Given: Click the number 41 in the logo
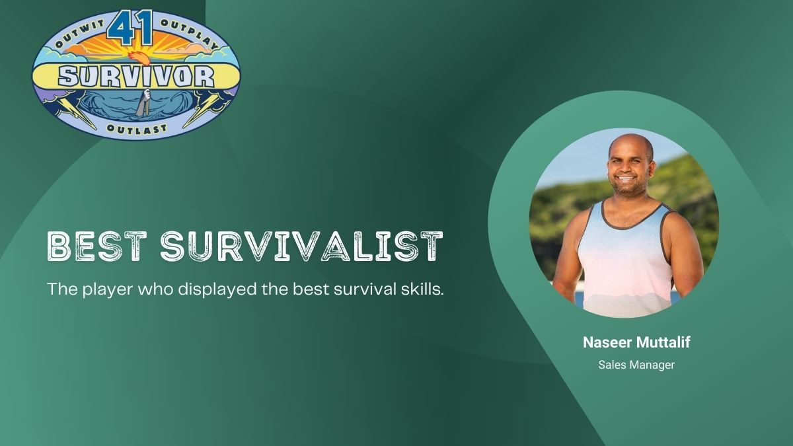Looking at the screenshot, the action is click(x=130, y=28).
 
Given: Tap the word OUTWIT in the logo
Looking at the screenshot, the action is click(x=81, y=34).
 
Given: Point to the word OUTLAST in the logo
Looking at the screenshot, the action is click(x=137, y=129).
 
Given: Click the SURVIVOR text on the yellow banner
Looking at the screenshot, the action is click(x=136, y=77).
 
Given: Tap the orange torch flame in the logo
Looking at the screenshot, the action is click(x=139, y=58).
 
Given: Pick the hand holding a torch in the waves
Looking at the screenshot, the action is click(x=143, y=102).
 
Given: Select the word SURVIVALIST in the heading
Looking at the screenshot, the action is click(x=301, y=246).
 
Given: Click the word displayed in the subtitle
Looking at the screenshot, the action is click(x=217, y=289).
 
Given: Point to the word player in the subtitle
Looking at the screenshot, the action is click(x=108, y=290).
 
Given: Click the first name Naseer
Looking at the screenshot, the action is click(x=607, y=342).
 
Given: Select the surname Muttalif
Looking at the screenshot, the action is click(x=663, y=342).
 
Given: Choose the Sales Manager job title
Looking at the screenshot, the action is click(x=636, y=365).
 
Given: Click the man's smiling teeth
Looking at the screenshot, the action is click(x=626, y=179).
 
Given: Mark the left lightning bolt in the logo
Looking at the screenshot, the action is click(x=76, y=110).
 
